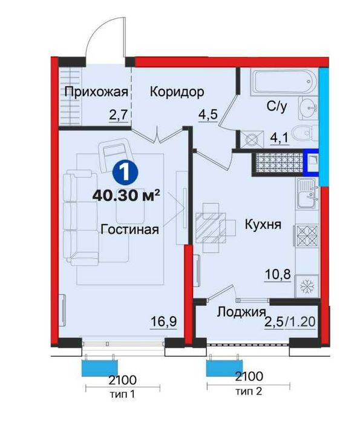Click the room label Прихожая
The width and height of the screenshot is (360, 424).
click(x=97, y=92)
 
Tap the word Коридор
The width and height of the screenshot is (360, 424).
click(x=177, y=92)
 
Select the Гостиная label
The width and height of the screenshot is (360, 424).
click(x=130, y=230)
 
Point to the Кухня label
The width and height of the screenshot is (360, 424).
click(x=264, y=224)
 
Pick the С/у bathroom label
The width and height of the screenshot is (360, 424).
click(x=278, y=107)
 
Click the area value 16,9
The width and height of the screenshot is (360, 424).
click(x=163, y=322)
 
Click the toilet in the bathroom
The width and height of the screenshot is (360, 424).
click(x=301, y=133)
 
